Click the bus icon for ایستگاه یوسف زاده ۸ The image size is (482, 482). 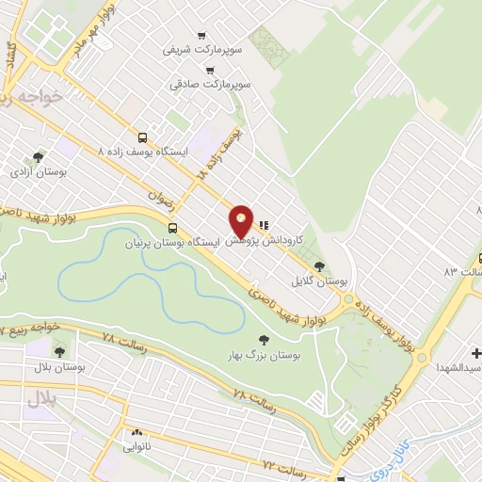point(142,137)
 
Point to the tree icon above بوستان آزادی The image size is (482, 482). point(38,157)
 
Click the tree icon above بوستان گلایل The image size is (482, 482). point(319,266)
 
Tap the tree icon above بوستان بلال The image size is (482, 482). point(60,351)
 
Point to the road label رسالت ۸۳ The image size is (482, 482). point(463,271)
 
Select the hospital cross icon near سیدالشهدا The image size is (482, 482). point(475,353)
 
